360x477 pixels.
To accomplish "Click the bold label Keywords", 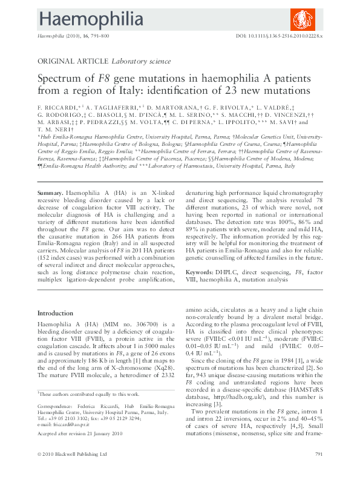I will pyautogui.click(x=200, y=272).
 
